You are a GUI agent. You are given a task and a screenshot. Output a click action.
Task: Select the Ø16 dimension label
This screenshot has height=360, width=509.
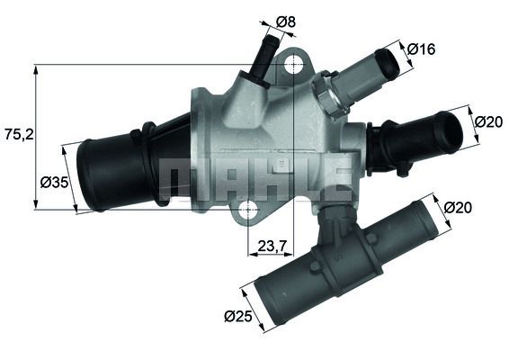pos(421,49)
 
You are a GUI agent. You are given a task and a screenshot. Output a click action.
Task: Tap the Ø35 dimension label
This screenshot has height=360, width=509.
pos(55,182)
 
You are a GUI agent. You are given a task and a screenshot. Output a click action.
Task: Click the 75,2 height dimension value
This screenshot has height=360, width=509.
pos(19,134)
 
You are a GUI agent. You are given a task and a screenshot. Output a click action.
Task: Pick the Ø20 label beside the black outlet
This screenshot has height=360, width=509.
pos(487,121)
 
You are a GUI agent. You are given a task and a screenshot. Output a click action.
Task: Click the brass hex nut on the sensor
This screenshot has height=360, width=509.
pos(325,94)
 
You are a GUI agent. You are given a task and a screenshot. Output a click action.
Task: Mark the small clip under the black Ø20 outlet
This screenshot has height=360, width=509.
pos(402,168)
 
